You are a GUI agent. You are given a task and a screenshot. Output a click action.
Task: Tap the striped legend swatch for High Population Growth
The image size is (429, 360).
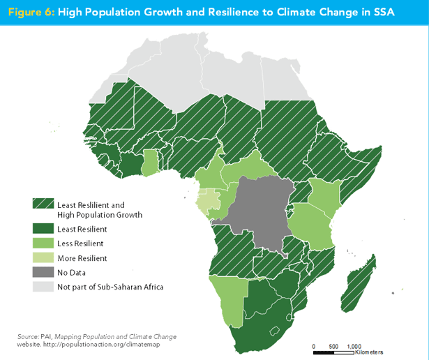42,205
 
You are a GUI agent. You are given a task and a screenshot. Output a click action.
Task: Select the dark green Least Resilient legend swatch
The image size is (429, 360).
42,229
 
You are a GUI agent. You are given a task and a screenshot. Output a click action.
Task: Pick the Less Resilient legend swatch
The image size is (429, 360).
42,243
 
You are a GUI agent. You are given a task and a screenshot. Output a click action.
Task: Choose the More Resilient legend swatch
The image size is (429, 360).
42,258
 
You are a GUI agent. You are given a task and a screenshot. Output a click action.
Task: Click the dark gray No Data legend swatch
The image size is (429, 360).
42,272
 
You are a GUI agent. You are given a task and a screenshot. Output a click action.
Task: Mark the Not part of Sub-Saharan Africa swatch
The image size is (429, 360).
42,287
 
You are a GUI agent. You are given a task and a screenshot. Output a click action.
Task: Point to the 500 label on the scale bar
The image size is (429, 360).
333,346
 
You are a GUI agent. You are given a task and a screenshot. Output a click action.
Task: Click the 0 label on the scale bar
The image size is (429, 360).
314,346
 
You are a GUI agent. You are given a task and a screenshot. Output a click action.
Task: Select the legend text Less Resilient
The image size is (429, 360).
81,243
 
